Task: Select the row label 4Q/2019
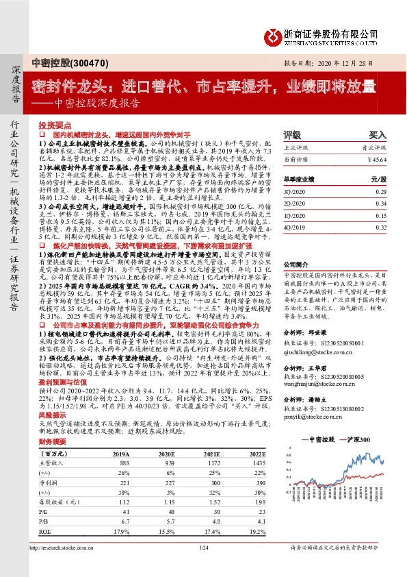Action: coord(296,226)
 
